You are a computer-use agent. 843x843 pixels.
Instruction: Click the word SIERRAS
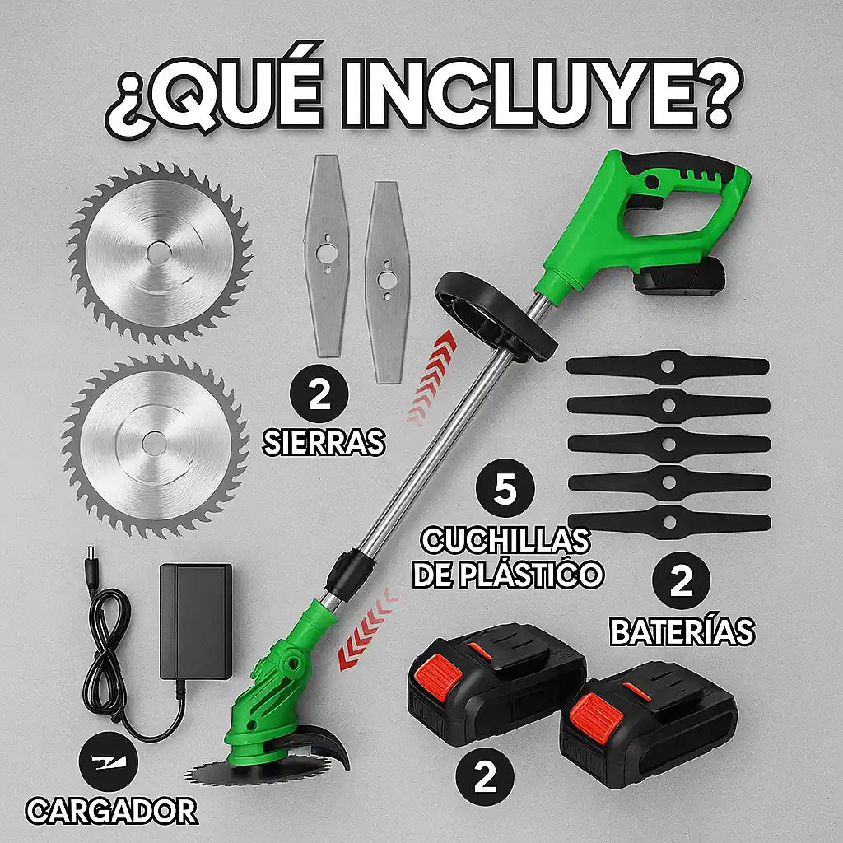point(324,442)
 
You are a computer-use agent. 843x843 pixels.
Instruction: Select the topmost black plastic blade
point(668,365)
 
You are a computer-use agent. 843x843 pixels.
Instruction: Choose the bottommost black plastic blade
point(668,520)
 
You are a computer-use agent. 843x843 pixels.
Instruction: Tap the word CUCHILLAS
point(505,541)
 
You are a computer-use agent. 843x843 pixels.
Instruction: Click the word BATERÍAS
point(682,631)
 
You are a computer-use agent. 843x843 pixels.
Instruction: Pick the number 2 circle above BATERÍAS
point(681,583)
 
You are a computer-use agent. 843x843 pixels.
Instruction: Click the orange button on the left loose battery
point(437,682)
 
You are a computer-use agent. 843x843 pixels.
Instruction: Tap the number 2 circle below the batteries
point(486,778)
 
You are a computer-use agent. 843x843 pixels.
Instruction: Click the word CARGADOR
point(112,811)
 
